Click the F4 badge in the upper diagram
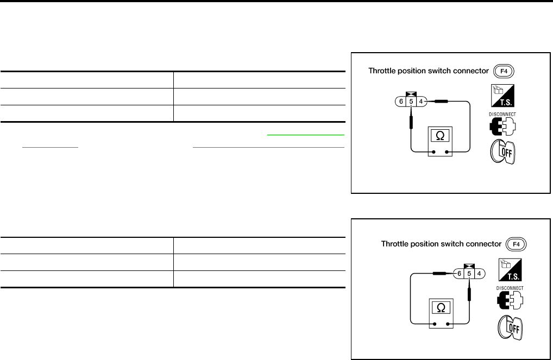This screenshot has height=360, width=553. pyautogui.click(x=503, y=71)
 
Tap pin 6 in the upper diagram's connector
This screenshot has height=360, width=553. pyautogui.click(x=400, y=101)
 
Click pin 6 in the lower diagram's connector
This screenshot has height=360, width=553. pyautogui.click(x=459, y=274)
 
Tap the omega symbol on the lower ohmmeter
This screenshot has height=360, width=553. pyautogui.click(x=441, y=307)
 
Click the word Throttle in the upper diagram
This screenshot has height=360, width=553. pyautogui.click(x=382, y=71)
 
